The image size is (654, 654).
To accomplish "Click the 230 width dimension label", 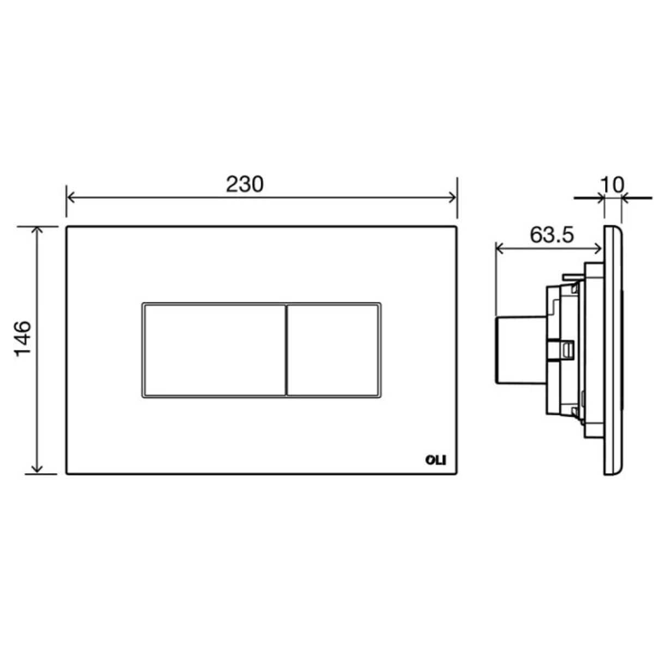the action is [x=244, y=185].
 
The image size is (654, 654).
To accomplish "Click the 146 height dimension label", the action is [x=23, y=338].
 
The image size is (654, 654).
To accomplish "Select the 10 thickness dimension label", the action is [x=613, y=185].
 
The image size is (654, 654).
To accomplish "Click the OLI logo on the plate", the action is [x=436, y=461].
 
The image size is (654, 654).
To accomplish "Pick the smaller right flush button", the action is [x=332, y=350].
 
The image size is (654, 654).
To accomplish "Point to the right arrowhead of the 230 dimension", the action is [x=453, y=197].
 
